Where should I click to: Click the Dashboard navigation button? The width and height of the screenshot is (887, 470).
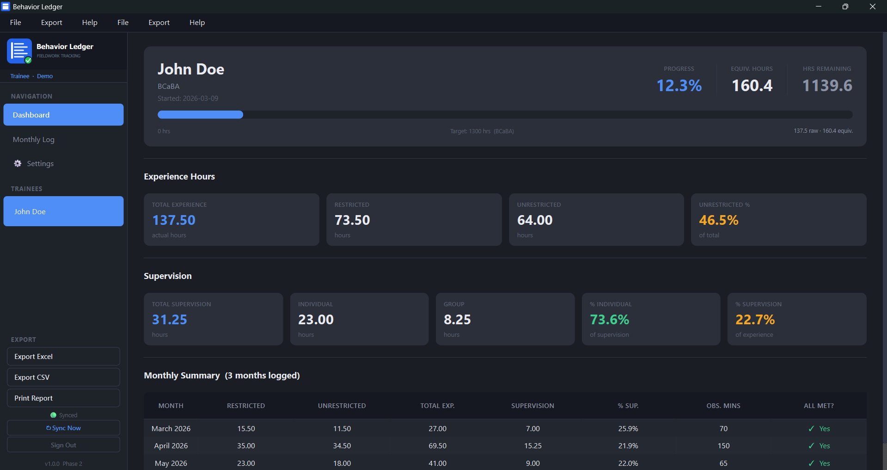pyautogui.click(x=63, y=115)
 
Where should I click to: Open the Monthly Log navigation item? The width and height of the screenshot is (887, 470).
pyautogui.click(x=34, y=139)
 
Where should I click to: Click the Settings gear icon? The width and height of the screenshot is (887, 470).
pyautogui.click(x=18, y=163)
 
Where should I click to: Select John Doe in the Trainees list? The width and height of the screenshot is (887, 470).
pyautogui.click(x=63, y=211)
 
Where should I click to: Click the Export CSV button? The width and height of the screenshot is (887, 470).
pyautogui.click(x=63, y=377)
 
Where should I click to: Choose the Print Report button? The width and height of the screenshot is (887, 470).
pyautogui.click(x=63, y=398)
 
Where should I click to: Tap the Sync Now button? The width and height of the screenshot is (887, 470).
pyautogui.click(x=63, y=428)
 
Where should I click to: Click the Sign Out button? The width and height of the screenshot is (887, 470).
pyautogui.click(x=63, y=445)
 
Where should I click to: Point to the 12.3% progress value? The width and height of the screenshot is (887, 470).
pyautogui.click(x=679, y=86)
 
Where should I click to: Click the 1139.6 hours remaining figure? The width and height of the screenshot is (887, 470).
pyautogui.click(x=827, y=86)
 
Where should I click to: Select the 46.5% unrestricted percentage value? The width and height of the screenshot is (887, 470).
pyautogui.click(x=719, y=220)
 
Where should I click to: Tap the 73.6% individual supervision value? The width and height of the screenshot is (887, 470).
pyautogui.click(x=609, y=320)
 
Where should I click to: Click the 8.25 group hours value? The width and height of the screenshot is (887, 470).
pyautogui.click(x=457, y=320)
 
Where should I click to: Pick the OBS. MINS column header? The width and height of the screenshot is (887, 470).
pyautogui.click(x=723, y=406)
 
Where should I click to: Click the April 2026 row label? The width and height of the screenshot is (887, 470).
pyautogui.click(x=171, y=446)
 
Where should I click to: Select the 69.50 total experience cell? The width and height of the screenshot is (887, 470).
pyautogui.click(x=437, y=446)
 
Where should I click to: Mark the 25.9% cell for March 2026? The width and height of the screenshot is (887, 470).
pyautogui.click(x=628, y=429)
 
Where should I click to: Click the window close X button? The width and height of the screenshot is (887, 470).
pyautogui.click(x=873, y=6)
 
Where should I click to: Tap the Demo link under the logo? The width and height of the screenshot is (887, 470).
pyautogui.click(x=45, y=76)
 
